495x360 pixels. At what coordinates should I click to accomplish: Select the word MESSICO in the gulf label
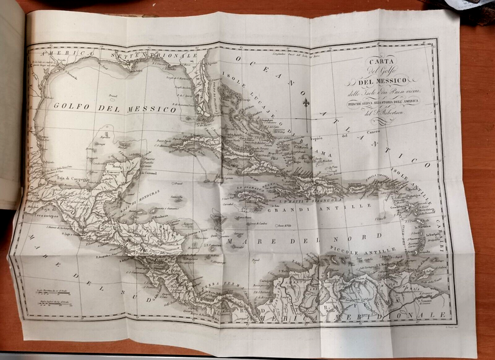pyautogui.click(x=153, y=110)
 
